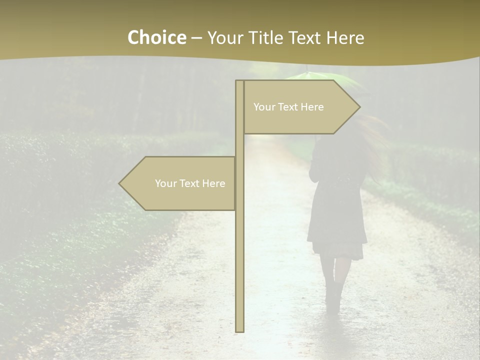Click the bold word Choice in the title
click(x=156, y=37)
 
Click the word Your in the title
click(x=225, y=37)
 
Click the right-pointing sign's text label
click(x=288, y=107)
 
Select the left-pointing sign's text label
click(x=190, y=183)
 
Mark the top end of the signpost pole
click(x=239, y=81)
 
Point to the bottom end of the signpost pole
click(x=239, y=330)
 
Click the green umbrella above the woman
click(x=320, y=78)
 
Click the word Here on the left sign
click(x=213, y=183)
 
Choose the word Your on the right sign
click(x=264, y=107)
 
